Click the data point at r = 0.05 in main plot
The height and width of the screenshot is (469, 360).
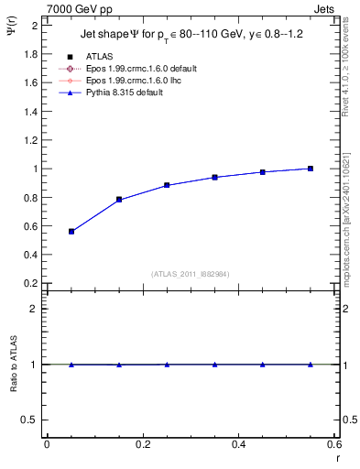[71, 232]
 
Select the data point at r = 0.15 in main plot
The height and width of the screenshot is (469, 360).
[119, 200]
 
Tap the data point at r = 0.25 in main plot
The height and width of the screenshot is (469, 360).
[167, 185]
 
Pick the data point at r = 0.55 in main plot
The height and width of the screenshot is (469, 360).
[311, 169]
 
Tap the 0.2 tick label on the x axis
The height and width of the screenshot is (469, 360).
[141, 444]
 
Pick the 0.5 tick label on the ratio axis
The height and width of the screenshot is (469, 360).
[31, 420]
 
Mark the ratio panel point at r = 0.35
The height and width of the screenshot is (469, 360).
[214, 365]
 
